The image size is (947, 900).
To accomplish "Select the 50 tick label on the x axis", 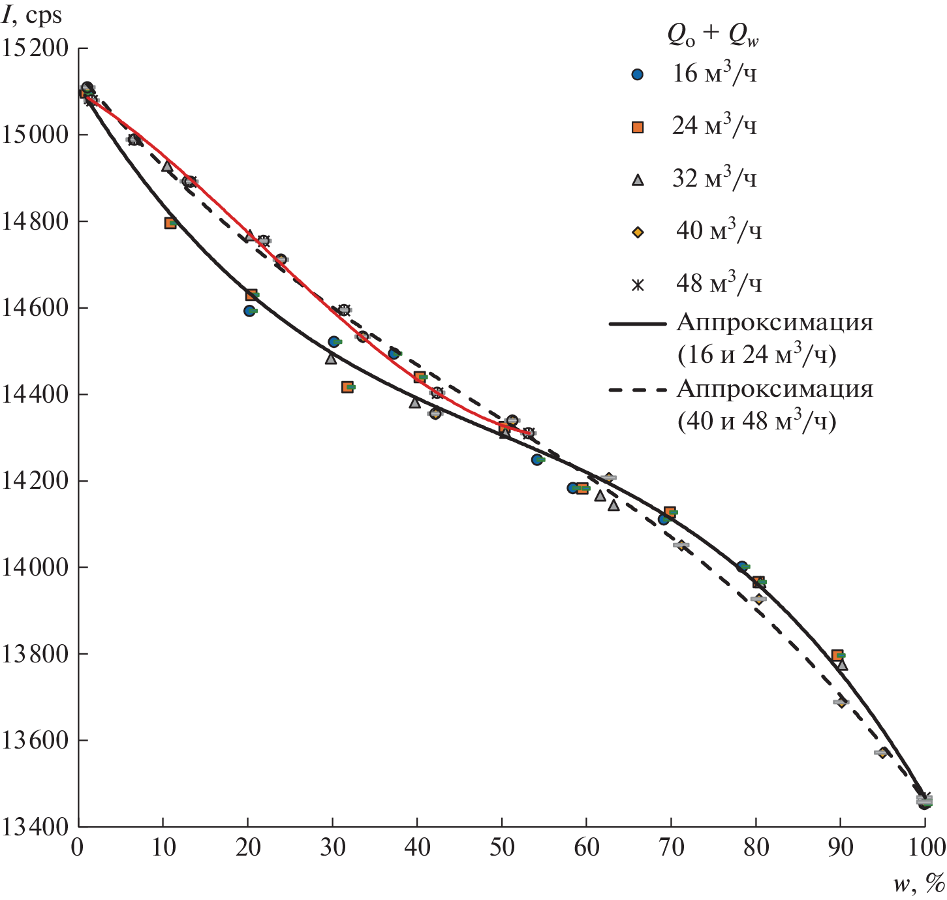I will coord(501,848).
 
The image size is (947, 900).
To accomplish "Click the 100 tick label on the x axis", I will coord(924,848).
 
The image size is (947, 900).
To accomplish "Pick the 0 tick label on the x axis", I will coord(78,848).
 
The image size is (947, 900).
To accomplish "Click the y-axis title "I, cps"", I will coord(32,16).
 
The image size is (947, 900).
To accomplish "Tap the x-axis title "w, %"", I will coord(919,884).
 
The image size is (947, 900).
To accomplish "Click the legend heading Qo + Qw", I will coord(713,36).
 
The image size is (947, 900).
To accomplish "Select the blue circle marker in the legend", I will coord(638,75).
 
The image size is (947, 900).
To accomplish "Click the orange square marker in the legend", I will coord(638,127).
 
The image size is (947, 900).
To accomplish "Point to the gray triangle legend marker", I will coord(638,180).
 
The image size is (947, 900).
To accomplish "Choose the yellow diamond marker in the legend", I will coord(638,232).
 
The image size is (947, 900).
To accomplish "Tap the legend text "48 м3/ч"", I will coord(718,283).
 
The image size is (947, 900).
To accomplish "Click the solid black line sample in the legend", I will coord(638,324).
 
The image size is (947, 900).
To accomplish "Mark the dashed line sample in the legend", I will coord(638,390).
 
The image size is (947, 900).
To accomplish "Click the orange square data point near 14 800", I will coord(170,223).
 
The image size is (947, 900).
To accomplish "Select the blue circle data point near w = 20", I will coord(249,311).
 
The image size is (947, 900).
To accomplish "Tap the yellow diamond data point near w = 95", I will coord(883,753).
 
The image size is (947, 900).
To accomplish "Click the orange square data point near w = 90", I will coord(837,655).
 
